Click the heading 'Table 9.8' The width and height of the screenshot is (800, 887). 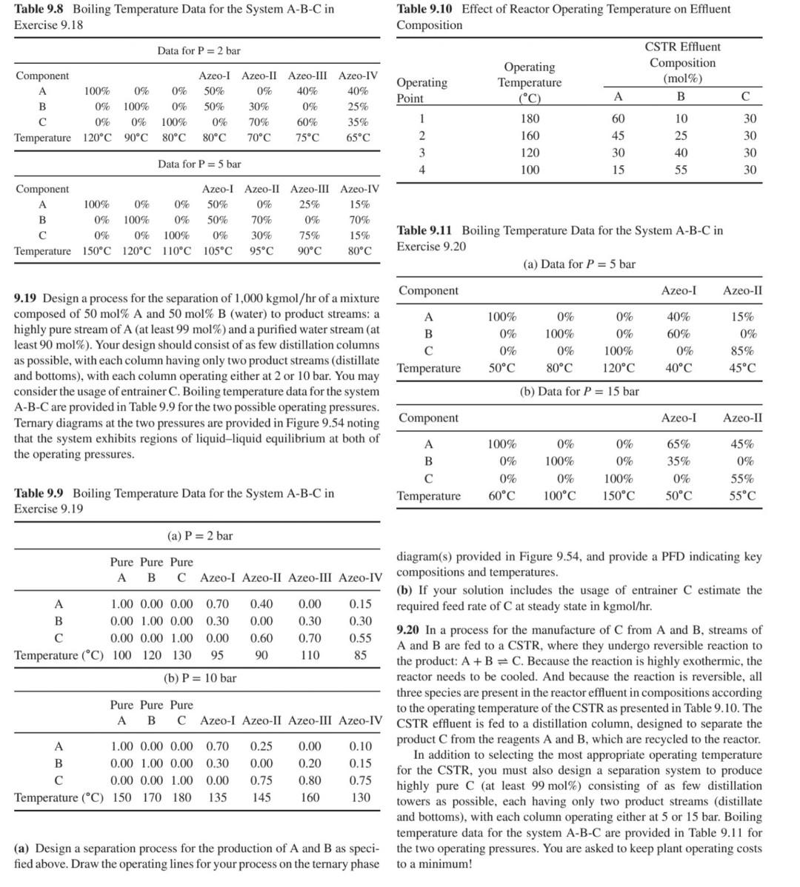click(x=40, y=9)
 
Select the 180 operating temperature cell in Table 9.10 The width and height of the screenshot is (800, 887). click(x=529, y=118)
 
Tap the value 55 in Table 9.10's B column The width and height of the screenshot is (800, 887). click(x=681, y=170)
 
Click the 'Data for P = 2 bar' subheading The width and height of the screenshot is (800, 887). click(x=199, y=50)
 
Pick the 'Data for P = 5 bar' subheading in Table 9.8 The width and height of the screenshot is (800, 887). click(x=199, y=164)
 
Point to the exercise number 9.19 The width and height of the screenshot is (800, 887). click(x=26, y=298)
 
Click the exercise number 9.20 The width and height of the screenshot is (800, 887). click(x=408, y=630)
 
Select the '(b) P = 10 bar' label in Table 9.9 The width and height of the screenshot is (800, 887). click(x=200, y=677)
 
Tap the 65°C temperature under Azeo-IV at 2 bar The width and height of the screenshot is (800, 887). click(x=358, y=138)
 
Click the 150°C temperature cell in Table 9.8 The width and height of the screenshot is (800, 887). click(x=97, y=251)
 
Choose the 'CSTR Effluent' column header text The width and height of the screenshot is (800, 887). click(x=682, y=47)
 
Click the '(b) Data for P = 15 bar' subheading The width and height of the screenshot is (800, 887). click(x=579, y=391)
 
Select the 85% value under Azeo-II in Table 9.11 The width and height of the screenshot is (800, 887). click(x=741, y=351)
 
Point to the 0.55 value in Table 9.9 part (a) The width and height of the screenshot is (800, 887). click(x=360, y=637)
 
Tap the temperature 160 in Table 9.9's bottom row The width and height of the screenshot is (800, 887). click(x=310, y=797)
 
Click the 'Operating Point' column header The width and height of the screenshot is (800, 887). click(x=421, y=90)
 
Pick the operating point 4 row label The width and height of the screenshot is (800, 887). click(x=421, y=170)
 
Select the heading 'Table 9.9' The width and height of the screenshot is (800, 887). click(x=40, y=492)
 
